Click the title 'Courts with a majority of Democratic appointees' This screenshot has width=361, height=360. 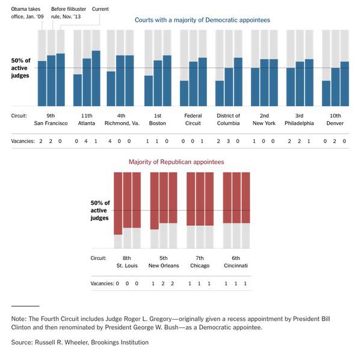pos(202,20)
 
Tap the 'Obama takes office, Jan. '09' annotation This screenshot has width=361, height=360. pos(26,13)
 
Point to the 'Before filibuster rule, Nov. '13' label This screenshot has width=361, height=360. pos(67,13)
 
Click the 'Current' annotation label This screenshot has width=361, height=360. pos(100,9)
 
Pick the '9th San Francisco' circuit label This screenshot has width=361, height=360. pos(51,119)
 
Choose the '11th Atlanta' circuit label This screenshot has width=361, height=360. pos(86,119)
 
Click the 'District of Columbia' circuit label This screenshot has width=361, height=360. pos(228,119)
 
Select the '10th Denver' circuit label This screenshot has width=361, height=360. pos(335,119)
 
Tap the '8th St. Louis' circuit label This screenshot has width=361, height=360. pos(127,261)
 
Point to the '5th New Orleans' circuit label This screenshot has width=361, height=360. pos(164,261)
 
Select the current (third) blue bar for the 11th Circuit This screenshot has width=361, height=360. pos(96,78)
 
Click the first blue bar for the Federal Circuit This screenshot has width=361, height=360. pos(184,93)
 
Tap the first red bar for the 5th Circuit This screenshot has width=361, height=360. pos(154,201)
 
